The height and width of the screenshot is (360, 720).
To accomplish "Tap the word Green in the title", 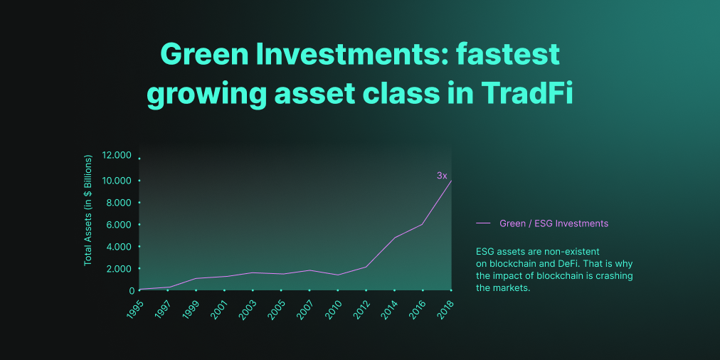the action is [x=206, y=55].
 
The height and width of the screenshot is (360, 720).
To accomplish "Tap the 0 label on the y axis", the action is [x=132, y=291].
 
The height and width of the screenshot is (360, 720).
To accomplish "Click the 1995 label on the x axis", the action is [x=135, y=309].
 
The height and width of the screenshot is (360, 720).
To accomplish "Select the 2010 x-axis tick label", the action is [x=334, y=309].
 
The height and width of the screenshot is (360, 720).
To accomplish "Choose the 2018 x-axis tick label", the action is [x=446, y=309].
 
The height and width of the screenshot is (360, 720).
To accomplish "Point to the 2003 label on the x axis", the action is [x=248, y=309].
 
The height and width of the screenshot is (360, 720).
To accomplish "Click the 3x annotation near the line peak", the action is [x=442, y=176].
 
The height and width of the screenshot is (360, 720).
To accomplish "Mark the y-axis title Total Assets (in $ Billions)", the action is [x=88, y=210].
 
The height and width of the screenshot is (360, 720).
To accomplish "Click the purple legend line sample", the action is [x=484, y=223].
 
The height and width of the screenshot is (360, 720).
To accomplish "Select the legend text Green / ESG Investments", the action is [x=554, y=223].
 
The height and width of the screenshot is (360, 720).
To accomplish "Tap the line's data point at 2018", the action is [x=451, y=181].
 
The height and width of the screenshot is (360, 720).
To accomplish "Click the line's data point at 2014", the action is [x=395, y=238].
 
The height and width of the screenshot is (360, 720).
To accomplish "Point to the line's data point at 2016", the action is [x=423, y=224].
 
